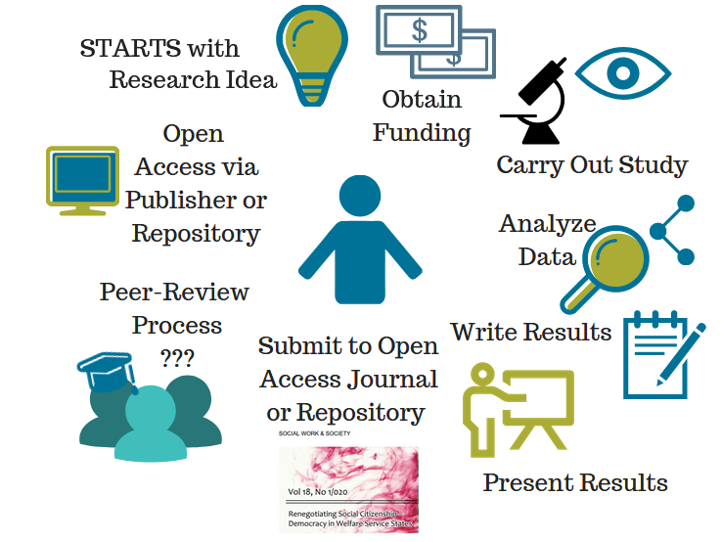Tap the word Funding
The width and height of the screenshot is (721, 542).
tap(422, 132)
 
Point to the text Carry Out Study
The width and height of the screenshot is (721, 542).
tap(592, 164)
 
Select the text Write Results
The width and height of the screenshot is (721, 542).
tap(531, 332)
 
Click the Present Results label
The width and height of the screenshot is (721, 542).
tap(575, 482)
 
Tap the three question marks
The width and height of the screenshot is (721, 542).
tap(177, 357)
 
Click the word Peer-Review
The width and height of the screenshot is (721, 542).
tap(174, 293)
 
